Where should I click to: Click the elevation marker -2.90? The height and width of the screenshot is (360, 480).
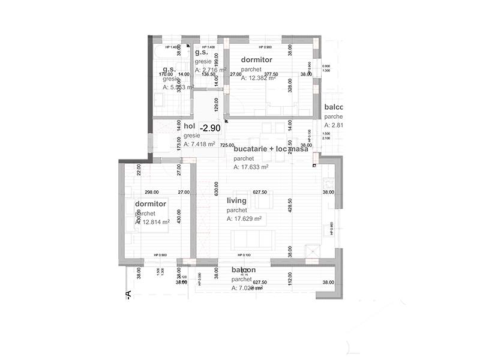211,128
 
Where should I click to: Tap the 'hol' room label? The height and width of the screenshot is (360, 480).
190,126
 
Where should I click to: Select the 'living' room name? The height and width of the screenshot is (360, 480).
237,202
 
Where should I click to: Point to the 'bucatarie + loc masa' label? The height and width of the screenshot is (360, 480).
271,149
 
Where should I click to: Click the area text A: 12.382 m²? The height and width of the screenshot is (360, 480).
259,77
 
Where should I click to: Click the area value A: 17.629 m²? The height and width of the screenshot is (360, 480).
244,219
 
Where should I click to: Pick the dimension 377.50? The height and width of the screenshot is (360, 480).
263,75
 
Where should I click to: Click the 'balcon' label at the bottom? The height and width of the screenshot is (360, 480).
244,271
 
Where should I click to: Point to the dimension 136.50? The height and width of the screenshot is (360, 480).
209,75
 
